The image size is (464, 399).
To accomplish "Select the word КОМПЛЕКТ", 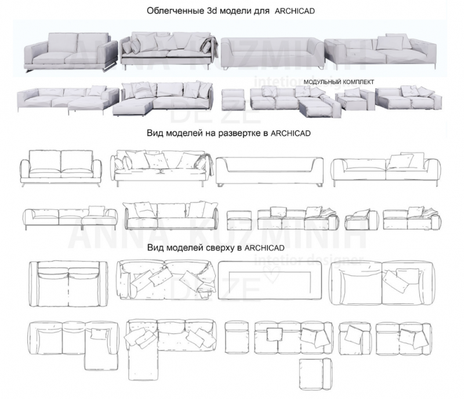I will coord(359,81).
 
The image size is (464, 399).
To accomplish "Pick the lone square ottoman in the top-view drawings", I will coord(237,338).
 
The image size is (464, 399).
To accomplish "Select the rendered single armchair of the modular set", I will coord(352,100).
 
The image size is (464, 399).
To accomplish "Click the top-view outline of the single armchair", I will coord(354,336).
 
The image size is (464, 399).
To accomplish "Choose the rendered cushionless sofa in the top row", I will coord(270,51).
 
